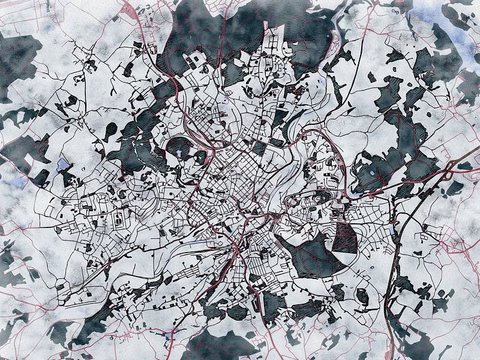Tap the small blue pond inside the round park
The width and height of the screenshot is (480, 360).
point(181,154)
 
